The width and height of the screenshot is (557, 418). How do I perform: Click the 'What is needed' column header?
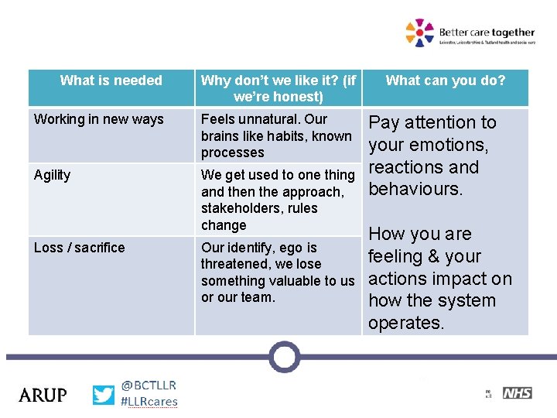pyautogui.click(x=111, y=81)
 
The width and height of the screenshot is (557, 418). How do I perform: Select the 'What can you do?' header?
pyautogui.click(x=446, y=81)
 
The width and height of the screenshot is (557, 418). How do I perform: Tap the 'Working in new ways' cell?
pyautogui.click(x=99, y=119)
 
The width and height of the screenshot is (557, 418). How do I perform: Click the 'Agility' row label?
pyautogui.click(x=52, y=175)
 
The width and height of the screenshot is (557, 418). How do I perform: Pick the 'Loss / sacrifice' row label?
pyautogui.click(x=79, y=248)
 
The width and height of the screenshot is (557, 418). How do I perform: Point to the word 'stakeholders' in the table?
pyautogui.click(x=237, y=208)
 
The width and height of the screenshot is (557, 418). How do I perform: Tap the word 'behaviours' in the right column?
pyautogui.click(x=414, y=190)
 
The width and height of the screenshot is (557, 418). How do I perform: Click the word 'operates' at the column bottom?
pyautogui.click(x=405, y=323)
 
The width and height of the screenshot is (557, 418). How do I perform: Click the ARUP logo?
pyautogui.click(x=43, y=395)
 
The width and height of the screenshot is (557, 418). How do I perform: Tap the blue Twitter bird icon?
pyautogui.click(x=103, y=395)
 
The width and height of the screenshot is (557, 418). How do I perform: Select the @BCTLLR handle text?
pyautogui.click(x=149, y=385)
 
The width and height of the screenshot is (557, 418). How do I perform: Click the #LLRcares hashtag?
pyautogui.click(x=149, y=402)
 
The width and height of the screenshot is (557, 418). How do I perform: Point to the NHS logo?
pyautogui.click(x=517, y=393)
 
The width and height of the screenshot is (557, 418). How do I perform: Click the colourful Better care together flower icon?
pyautogui.click(x=420, y=33)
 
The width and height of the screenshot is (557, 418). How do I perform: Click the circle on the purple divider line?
pyautogui.click(x=285, y=357)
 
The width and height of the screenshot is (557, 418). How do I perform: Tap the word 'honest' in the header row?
pyautogui.click(x=299, y=97)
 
